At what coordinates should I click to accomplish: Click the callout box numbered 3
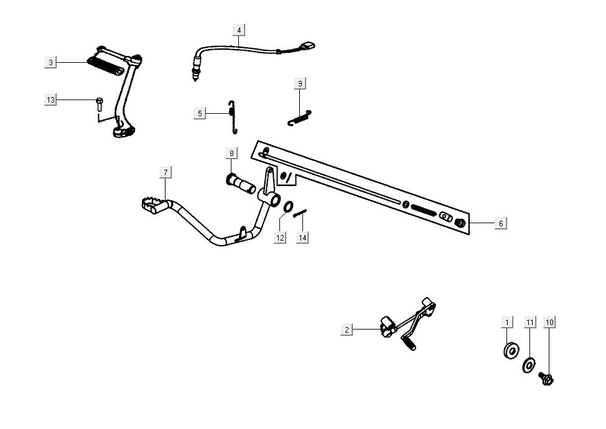click(x=51, y=62)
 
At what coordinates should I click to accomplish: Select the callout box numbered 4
click(x=240, y=30)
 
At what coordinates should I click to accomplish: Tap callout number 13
click(x=51, y=100)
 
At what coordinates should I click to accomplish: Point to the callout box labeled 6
click(x=501, y=223)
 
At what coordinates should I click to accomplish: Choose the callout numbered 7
click(x=165, y=172)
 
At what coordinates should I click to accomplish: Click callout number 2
click(x=347, y=330)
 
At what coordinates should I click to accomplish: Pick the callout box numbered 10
click(x=549, y=322)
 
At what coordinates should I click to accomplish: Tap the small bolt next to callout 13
click(x=99, y=104)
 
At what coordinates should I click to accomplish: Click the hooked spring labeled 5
click(x=232, y=116)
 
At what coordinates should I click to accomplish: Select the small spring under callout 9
click(x=300, y=118)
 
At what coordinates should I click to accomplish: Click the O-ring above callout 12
click(x=289, y=206)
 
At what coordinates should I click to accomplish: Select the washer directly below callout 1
click(x=511, y=351)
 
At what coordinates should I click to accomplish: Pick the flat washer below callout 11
click(x=529, y=364)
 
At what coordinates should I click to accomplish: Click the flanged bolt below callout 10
click(x=547, y=376)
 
